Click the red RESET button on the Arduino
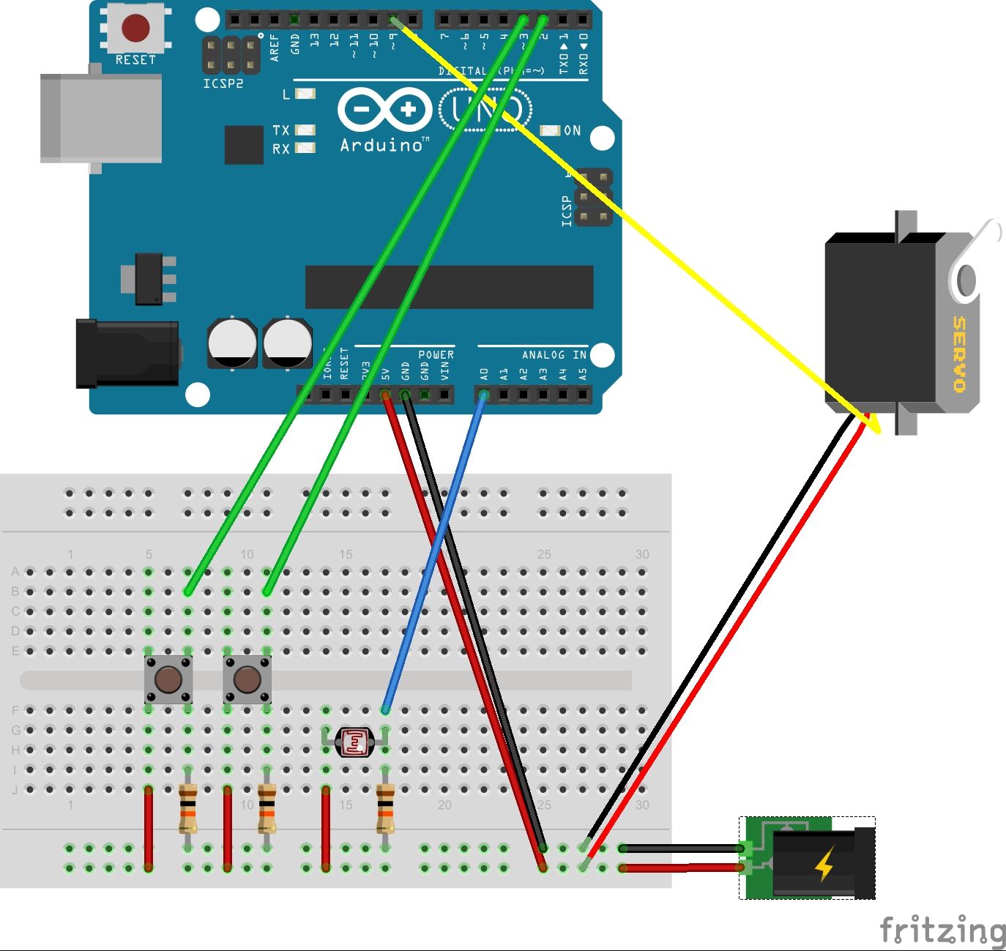135,29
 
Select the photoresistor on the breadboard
355,742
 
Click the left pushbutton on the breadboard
168,679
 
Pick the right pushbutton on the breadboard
247,679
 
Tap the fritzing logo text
942,931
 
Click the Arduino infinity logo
385,111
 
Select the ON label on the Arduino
572,130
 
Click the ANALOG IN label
554,355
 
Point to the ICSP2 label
223,83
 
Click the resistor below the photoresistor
385,808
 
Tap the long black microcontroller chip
449,287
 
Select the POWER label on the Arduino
436,355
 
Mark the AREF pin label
275,47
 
